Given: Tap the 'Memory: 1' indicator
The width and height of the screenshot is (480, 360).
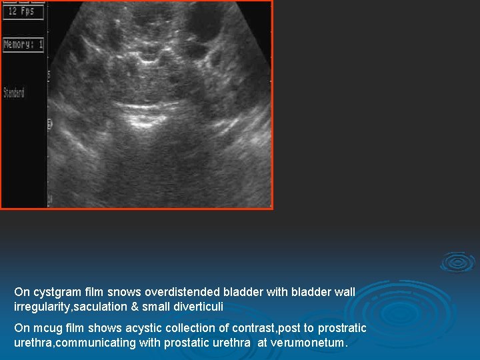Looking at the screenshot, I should coord(23,45).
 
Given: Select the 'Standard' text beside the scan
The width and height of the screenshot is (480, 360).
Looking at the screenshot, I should coord(14,92).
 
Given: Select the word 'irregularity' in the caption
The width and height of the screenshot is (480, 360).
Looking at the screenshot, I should coord(39,307).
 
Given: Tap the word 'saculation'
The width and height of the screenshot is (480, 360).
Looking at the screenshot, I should coord(97,307).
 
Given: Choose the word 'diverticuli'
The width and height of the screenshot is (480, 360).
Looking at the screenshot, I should coord(199,307).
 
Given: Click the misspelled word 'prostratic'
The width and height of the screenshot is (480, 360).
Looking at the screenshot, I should coord(342,328).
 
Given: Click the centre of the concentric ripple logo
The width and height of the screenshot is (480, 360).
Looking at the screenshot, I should coord(458,262).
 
